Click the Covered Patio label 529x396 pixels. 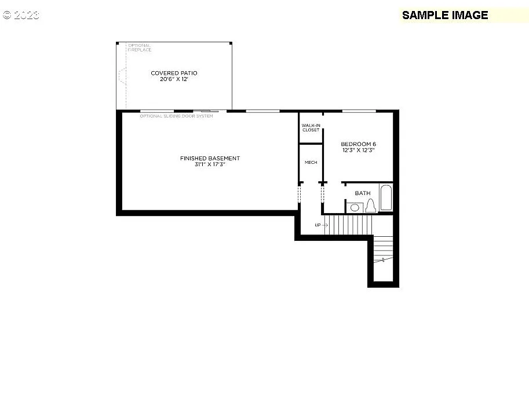(x=174, y=73)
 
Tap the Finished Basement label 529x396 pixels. (x=201, y=158)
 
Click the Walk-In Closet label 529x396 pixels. (x=311, y=127)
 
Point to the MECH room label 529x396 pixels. (x=311, y=162)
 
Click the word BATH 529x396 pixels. (x=363, y=193)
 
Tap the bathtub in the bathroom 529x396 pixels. (x=386, y=198)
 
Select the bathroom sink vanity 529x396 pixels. (x=354, y=207)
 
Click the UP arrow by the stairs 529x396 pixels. (x=321, y=225)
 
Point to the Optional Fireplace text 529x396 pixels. (x=140, y=47)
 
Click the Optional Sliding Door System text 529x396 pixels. (x=176, y=116)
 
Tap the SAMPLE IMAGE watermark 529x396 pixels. (x=445, y=15)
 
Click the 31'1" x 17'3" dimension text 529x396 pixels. (x=201, y=165)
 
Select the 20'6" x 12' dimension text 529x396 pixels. (x=174, y=79)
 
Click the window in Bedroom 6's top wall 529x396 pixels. (x=359, y=111)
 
